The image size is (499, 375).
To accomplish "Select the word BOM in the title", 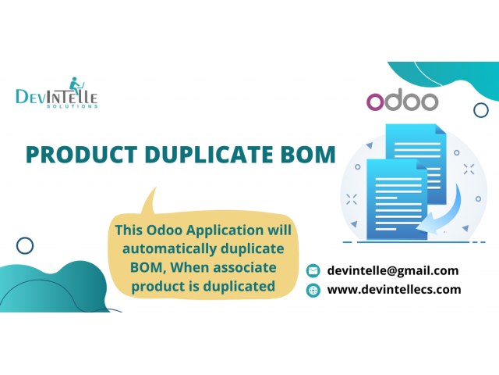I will click(308, 155).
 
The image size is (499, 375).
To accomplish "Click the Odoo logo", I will click(402, 102).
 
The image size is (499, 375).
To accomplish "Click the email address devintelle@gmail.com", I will click(393, 270).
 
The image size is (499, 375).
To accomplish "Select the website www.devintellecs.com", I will click(394, 289).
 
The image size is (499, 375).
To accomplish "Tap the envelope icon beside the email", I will click(313, 270).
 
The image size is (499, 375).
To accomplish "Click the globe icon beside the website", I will click(313, 290).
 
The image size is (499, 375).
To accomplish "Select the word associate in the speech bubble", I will click(241, 268).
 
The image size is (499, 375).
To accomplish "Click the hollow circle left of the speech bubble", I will click(25, 246).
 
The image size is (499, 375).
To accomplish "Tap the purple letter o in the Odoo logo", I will click(376, 102).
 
